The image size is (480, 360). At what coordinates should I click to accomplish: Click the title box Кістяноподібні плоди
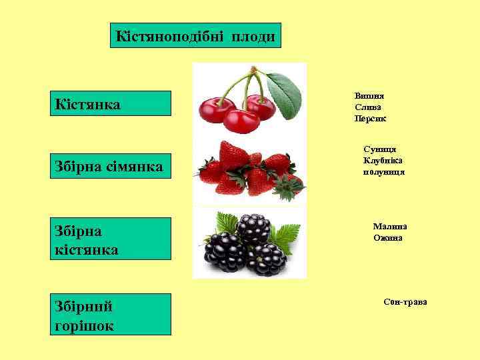coord(195,35)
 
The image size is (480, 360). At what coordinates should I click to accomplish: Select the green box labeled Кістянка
coord(111,103)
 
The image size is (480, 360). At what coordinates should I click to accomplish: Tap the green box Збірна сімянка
coord(111,165)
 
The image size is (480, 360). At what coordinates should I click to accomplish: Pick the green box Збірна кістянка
coord(111,239)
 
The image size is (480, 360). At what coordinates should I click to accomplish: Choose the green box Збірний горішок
coord(111,314)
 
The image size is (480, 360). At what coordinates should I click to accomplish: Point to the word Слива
coord(368,107)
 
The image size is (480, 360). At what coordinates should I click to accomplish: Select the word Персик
coord(370,118)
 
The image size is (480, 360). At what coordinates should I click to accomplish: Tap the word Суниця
coord(380,149)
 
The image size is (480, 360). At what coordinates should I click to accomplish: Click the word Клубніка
coord(383,160)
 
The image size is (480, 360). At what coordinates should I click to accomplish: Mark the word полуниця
coord(383,171)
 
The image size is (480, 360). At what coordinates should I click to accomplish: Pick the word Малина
coord(390,226)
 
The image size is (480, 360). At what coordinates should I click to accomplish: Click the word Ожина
coord(387,237)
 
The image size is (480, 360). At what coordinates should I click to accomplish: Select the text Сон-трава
coord(405,302)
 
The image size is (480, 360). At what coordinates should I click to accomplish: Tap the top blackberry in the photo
coord(253,228)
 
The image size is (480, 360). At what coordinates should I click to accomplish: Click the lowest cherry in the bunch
coord(241,121)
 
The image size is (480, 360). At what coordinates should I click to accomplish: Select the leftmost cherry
coord(217,108)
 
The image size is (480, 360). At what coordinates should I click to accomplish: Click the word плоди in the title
coord(253,35)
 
